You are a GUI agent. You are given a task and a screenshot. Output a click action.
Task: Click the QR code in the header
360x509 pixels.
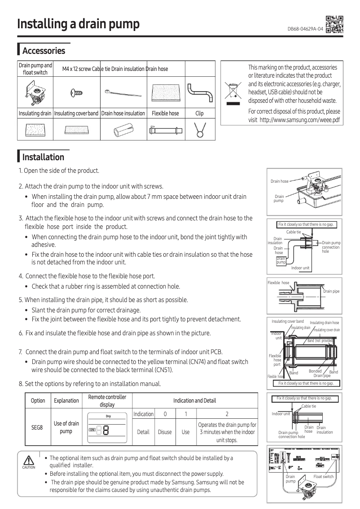(334, 25)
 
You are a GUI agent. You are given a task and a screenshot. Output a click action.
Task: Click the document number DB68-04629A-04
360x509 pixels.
(305, 29)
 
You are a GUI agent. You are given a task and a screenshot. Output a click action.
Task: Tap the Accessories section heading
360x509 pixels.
(44, 51)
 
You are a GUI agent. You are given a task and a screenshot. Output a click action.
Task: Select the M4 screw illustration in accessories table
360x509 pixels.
(76, 92)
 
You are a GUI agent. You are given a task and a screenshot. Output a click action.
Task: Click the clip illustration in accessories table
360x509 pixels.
(200, 129)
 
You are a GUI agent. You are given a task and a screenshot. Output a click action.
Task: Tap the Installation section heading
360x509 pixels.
(43, 157)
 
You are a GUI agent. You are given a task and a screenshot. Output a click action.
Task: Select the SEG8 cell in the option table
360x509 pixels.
(37, 427)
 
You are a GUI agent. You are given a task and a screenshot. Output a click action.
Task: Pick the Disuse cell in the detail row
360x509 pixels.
(165, 432)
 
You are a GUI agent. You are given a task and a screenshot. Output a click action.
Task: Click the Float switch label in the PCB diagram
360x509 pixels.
(323, 476)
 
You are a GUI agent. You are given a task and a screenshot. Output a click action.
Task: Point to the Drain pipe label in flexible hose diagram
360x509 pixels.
(331, 291)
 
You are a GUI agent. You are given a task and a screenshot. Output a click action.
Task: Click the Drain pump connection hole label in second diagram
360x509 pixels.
(331, 247)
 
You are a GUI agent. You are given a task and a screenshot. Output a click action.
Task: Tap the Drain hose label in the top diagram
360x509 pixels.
(279, 181)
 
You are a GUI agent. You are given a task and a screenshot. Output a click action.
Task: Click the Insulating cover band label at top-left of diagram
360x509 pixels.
(287, 321)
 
